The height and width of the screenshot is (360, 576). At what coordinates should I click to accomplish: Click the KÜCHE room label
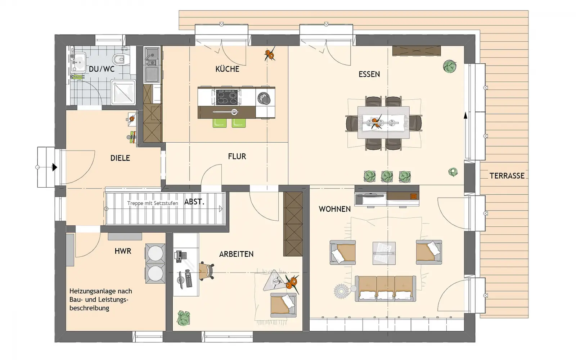click(227, 69)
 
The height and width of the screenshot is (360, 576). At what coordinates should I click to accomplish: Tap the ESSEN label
click(369, 74)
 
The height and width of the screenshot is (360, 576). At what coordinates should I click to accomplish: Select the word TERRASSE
click(507, 176)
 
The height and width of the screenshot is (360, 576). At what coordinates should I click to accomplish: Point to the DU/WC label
click(102, 69)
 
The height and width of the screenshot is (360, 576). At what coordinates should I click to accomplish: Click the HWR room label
click(123, 251)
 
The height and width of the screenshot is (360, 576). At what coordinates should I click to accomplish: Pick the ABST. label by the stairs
click(194, 202)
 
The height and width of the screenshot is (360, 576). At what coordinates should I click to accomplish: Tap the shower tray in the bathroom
click(123, 92)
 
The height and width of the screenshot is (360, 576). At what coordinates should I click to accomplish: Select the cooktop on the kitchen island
click(226, 97)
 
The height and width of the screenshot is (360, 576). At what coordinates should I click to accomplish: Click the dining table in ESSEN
click(383, 122)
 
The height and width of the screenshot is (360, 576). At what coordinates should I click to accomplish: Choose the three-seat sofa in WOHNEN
click(385, 288)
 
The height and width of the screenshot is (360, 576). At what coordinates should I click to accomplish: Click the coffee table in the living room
click(384, 253)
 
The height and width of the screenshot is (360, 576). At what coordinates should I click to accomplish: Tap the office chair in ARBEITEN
click(207, 271)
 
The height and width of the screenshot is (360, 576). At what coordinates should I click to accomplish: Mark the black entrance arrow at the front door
click(54, 167)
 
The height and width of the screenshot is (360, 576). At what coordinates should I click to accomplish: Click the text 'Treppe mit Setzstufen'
click(153, 203)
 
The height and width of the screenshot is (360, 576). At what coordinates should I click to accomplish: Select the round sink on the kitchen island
click(264, 98)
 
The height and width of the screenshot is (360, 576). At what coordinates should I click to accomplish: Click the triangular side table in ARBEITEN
click(275, 281)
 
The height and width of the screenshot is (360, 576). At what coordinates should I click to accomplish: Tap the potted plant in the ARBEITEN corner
click(184, 318)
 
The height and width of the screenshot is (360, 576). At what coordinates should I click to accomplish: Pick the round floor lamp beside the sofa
click(341, 291)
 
